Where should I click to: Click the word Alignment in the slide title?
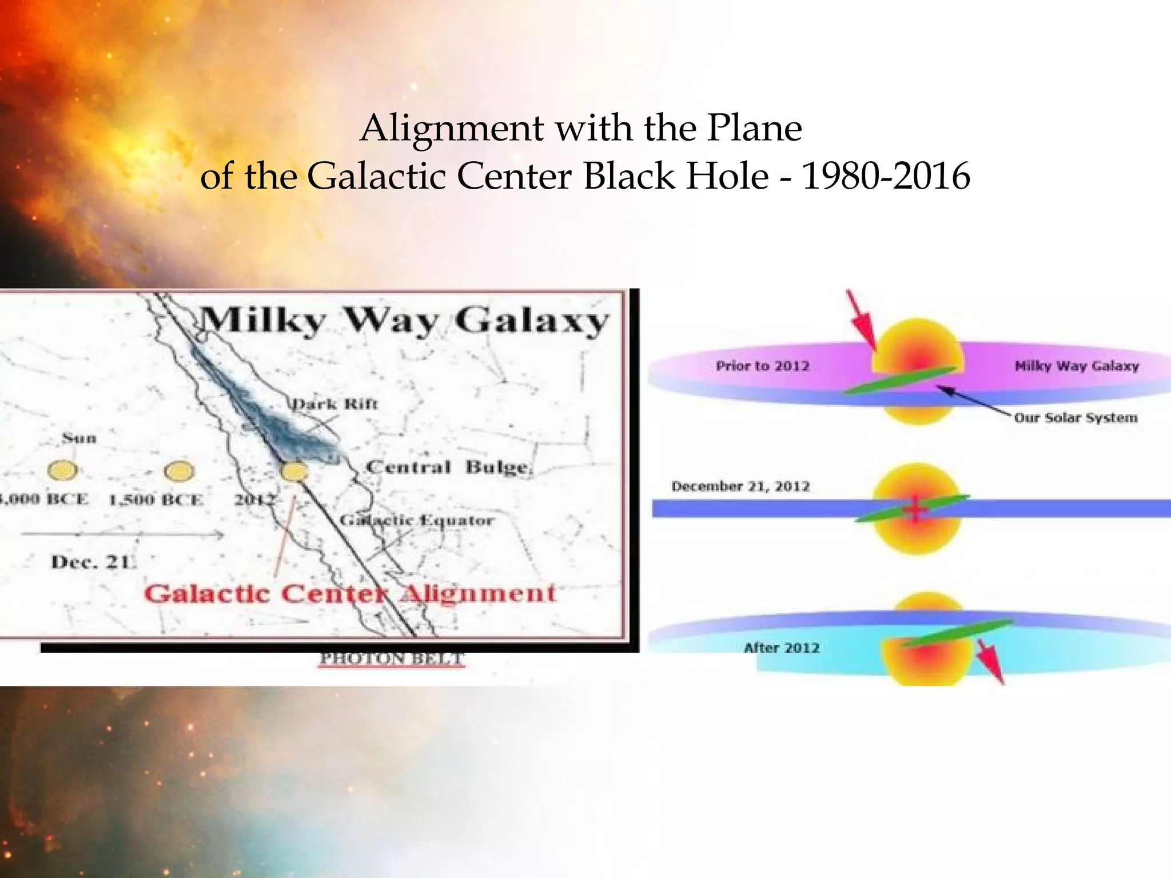pyautogui.click(x=452, y=128)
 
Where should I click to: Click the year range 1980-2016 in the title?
pyautogui.click(x=886, y=176)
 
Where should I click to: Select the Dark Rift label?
pyautogui.click(x=334, y=404)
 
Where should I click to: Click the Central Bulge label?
pyautogui.click(x=449, y=467)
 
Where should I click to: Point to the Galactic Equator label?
pyautogui.click(x=416, y=520)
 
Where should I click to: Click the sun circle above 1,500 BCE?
pyautogui.click(x=179, y=472)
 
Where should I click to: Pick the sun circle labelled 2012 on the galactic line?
pyautogui.click(x=294, y=472)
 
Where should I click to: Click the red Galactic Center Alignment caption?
pyautogui.click(x=349, y=593)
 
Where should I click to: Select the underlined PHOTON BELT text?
pyautogui.click(x=391, y=658)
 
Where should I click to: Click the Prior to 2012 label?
pyautogui.click(x=762, y=366)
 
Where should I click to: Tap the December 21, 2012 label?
pyautogui.click(x=740, y=486)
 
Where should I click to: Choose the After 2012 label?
pyautogui.click(x=782, y=648)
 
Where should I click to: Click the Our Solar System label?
pyautogui.click(x=1076, y=418)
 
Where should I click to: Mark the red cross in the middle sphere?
pyautogui.click(x=915, y=509)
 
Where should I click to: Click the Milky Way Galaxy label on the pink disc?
pyautogui.click(x=1077, y=366)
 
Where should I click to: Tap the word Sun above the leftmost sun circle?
pyautogui.click(x=79, y=438)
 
